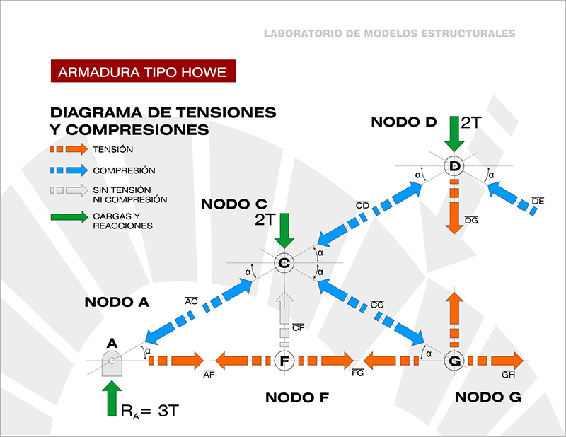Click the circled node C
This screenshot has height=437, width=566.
pyautogui.click(x=284, y=263)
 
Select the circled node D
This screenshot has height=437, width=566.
pyautogui.click(x=454, y=166)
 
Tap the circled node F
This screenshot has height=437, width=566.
pyautogui.click(x=284, y=361)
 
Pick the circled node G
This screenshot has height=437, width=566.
pyautogui.click(x=454, y=361)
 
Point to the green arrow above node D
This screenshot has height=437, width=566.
pyautogui.click(x=454, y=134)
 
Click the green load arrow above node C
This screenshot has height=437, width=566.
pyautogui.click(x=284, y=231)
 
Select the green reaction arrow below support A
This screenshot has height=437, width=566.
pyautogui.click(x=112, y=398)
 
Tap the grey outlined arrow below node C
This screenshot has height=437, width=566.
pyautogui.click(x=284, y=308)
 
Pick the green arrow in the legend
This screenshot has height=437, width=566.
pyautogui.click(x=69, y=217)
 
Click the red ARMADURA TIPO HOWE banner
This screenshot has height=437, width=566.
pyautogui.click(x=144, y=71)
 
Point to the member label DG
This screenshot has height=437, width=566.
pyautogui.click(x=471, y=220)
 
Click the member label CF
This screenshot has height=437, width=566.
pyautogui.click(x=298, y=327)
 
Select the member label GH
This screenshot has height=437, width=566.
pyautogui.click(x=508, y=375)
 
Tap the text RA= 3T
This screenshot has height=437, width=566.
pyautogui.click(x=150, y=411)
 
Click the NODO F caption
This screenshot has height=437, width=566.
pyautogui.click(x=297, y=397)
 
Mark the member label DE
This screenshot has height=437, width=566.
pyautogui.click(x=538, y=201)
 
